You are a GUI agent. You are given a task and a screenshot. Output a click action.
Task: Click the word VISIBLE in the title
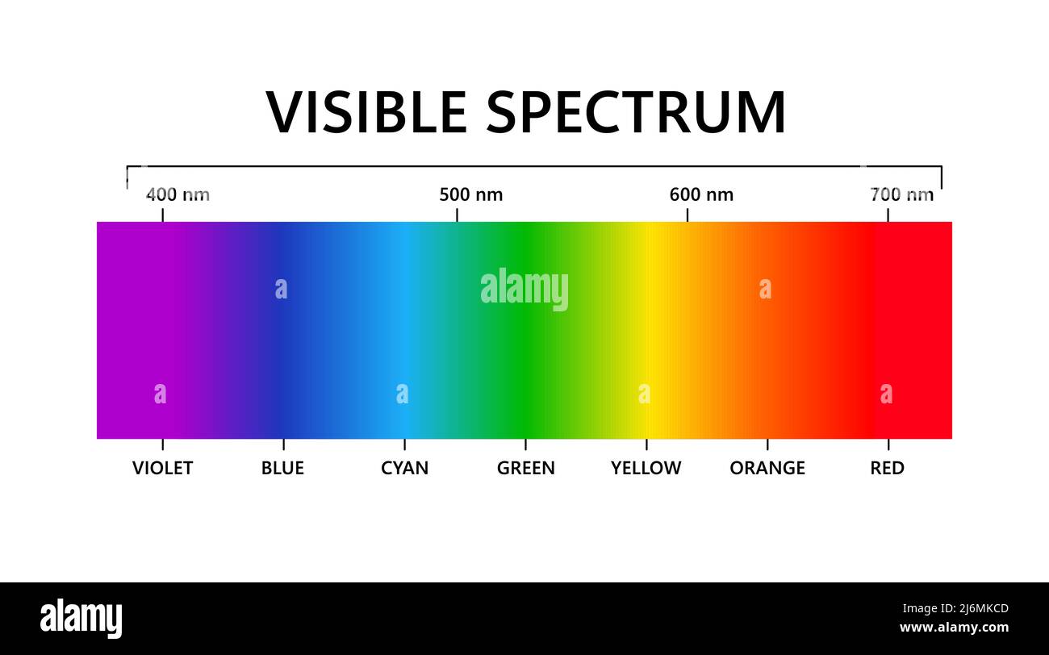click(x=366, y=112)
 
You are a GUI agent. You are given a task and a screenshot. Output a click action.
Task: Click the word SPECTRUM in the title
click(x=636, y=112)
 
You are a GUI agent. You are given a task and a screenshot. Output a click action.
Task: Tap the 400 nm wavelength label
click(x=178, y=194)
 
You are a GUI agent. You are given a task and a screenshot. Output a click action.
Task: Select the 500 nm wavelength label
click(x=471, y=194)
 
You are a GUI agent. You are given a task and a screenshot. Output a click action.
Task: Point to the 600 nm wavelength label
click(x=701, y=194)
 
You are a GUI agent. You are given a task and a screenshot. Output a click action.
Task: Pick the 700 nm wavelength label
click(x=902, y=194)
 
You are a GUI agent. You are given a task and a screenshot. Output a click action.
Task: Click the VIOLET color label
click(x=162, y=468)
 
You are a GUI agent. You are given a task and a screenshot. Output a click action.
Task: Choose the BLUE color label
click(x=282, y=468)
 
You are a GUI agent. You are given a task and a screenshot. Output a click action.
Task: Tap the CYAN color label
click(x=404, y=468)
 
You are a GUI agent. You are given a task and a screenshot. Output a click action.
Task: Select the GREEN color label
click(x=526, y=468)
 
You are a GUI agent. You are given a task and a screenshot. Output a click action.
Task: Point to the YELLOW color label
click(x=646, y=468)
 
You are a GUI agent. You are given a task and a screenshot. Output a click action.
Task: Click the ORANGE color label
click(x=767, y=468)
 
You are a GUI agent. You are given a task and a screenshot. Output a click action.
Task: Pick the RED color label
click(x=888, y=468)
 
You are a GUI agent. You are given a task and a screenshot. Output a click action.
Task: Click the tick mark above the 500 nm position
click(x=457, y=215)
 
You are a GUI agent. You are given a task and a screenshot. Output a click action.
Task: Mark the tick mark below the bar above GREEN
click(x=525, y=444)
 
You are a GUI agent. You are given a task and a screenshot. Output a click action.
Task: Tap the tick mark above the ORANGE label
click(x=767, y=444)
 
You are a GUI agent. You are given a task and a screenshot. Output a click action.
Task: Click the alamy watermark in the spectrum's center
click(x=524, y=289)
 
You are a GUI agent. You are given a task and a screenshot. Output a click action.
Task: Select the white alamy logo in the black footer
click(x=81, y=618)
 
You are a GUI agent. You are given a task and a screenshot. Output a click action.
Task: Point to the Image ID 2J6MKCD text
click(x=956, y=608)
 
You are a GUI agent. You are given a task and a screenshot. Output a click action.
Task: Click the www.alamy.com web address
click(x=955, y=628)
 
